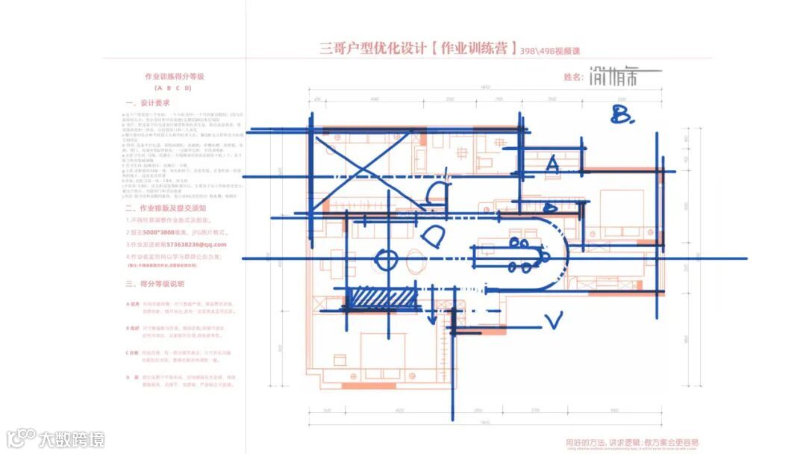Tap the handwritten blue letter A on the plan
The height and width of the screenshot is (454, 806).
pyautogui.click(x=552, y=164)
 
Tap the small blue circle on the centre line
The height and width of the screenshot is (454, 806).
pyautogui.click(x=387, y=261)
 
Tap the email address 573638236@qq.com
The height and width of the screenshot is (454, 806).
pyautogui.click(x=197, y=244)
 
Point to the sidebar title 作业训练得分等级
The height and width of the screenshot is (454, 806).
pyautogui.click(x=174, y=77)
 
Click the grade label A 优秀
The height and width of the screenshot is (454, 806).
pyautogui.click(x=133, y=304)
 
